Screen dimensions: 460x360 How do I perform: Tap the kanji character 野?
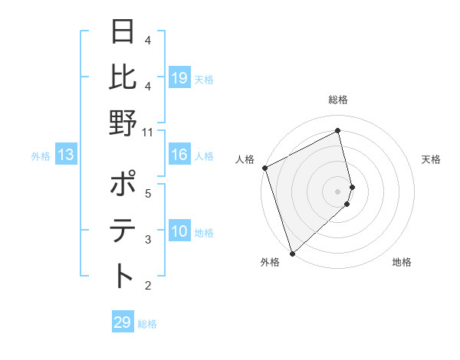(x=123, y=123)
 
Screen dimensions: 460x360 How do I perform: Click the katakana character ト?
(x=123, y=276)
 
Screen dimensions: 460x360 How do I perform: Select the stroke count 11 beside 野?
(x=148, y=132)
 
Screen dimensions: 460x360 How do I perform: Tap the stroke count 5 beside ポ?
(x=148, y=194)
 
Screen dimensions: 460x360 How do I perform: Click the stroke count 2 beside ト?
(x=148, y=286)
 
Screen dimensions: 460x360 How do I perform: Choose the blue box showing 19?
(x=179, y=78)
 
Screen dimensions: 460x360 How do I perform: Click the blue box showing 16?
(x=179, y=155)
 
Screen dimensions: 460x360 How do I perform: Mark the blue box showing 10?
(x=179, y=232)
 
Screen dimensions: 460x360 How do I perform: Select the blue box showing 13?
(x=65, y=155)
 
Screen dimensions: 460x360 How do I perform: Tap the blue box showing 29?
(x=123, y=322)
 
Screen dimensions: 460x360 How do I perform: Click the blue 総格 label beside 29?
(x=148, y=324)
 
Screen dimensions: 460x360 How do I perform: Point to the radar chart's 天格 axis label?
(x=432, y=159)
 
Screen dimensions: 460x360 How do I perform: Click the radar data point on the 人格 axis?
(x=264, y=168)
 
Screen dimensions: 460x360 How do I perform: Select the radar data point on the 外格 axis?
(x=292, y=253)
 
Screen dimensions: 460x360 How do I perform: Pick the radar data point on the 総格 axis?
(x=338, y=131)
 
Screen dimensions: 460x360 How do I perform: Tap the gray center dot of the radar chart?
(x=338, y=191)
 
